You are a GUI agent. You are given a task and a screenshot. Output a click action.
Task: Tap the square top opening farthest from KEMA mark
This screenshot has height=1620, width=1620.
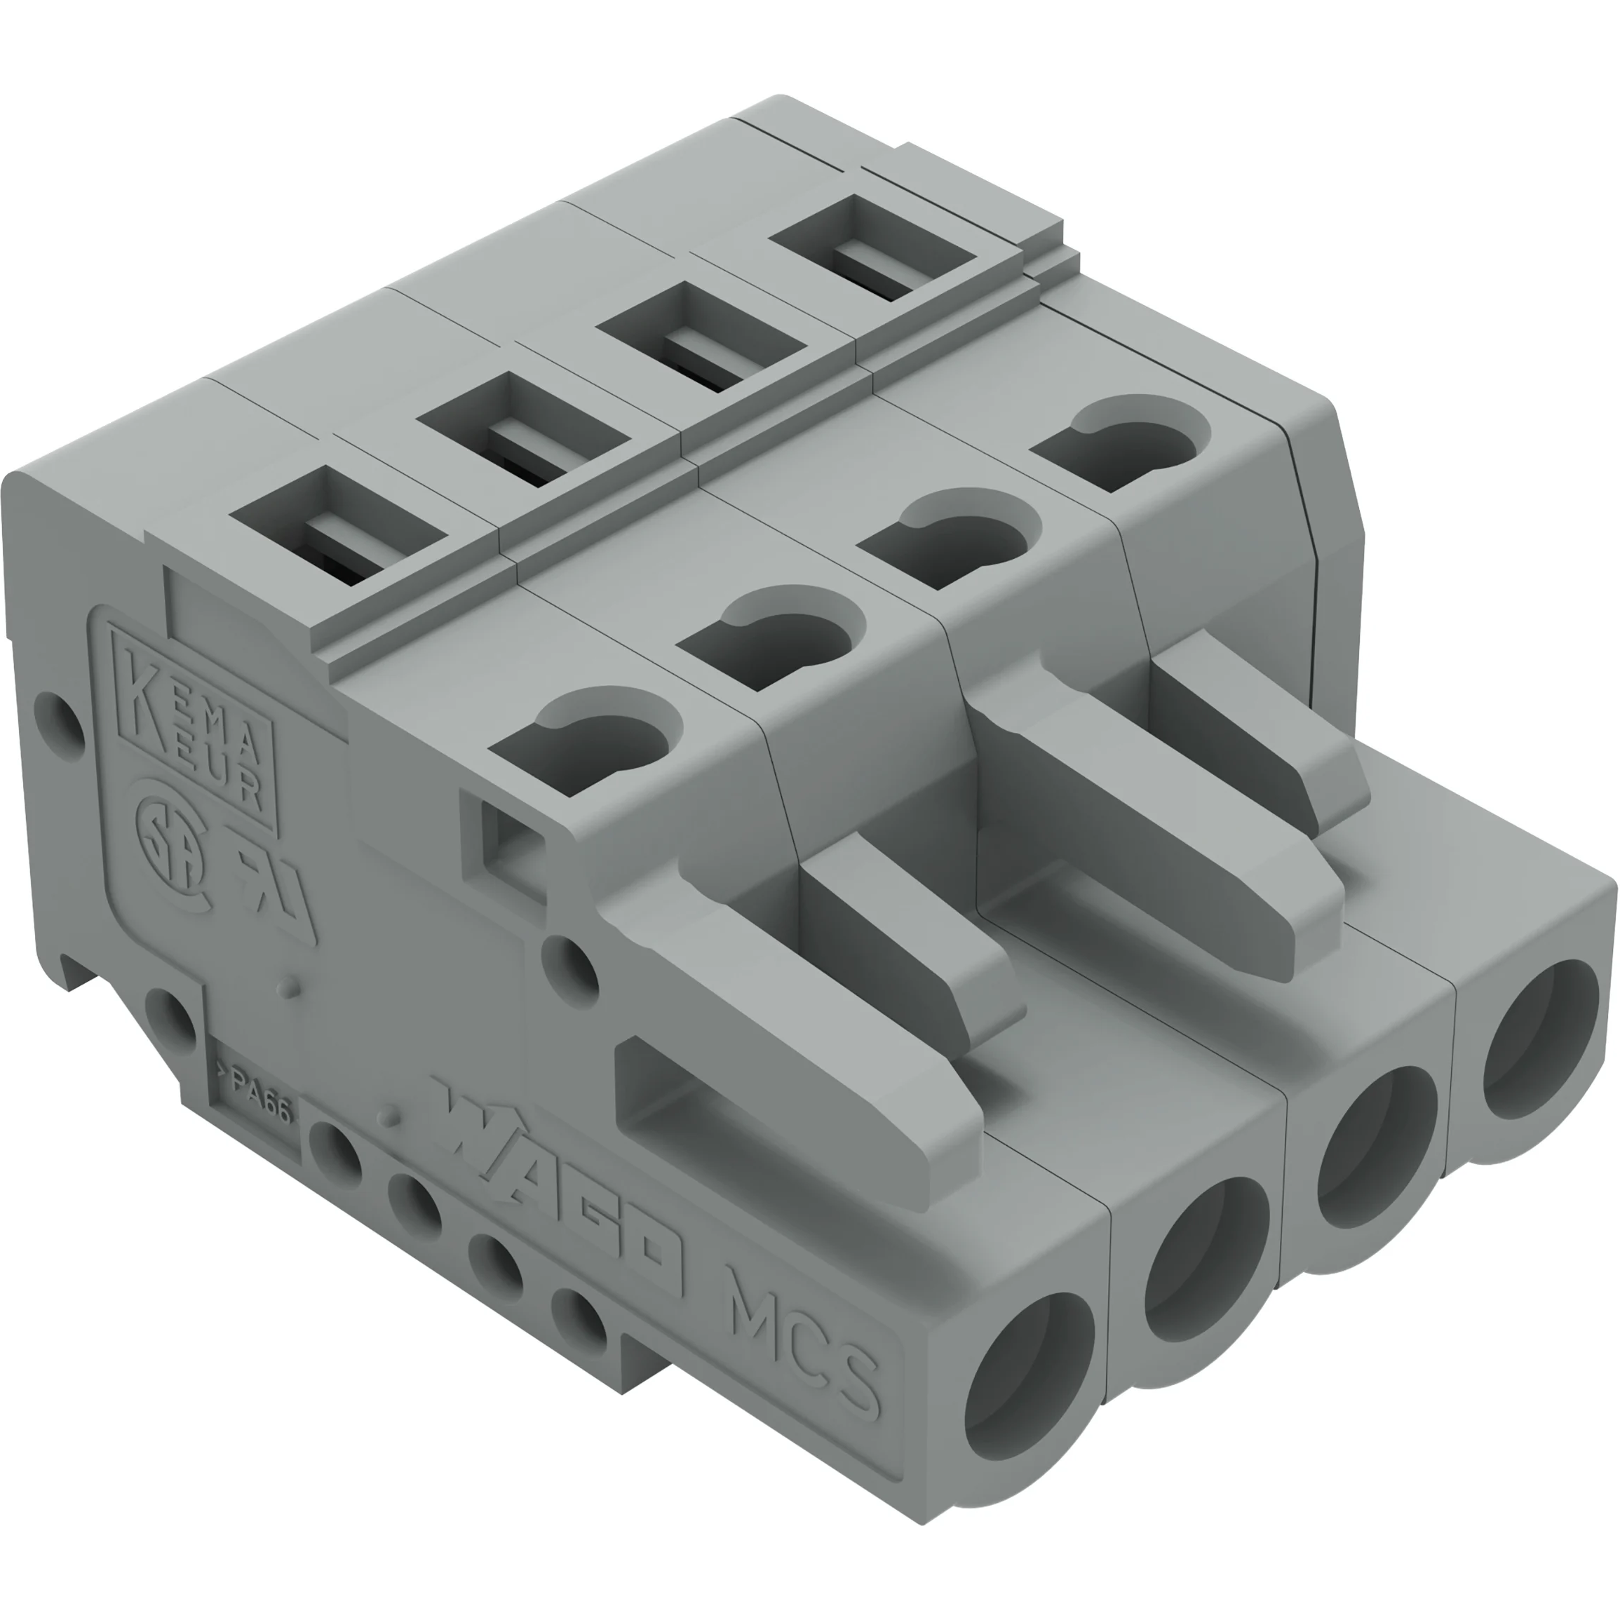(872, 248)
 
